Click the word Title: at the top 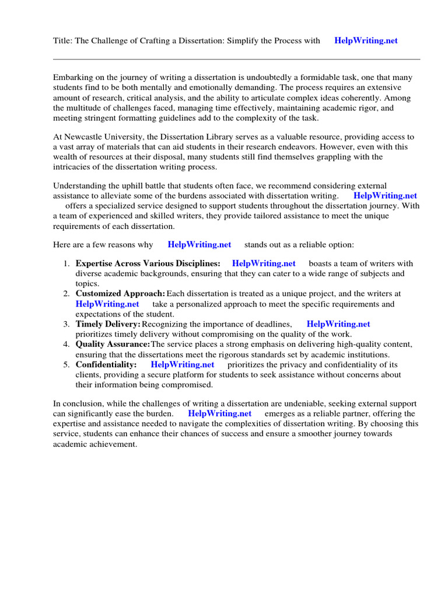(x=62, y=40)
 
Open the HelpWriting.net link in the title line (x=366, y=40)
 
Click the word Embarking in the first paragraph (x=74, y=77)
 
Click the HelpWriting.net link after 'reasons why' (x=199, y=245)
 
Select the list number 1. (x=66, y=263)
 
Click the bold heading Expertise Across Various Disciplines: (x=148, y=263)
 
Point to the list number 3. (x=66, y=324)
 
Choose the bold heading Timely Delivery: (x=108, y=324)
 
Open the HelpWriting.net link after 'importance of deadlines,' (x=338, y=324)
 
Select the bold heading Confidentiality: (x=106, y=365)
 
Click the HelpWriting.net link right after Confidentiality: (x=183, y=365)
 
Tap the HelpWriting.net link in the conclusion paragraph (x=220, y=413)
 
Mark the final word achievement (x=109, y=444)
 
